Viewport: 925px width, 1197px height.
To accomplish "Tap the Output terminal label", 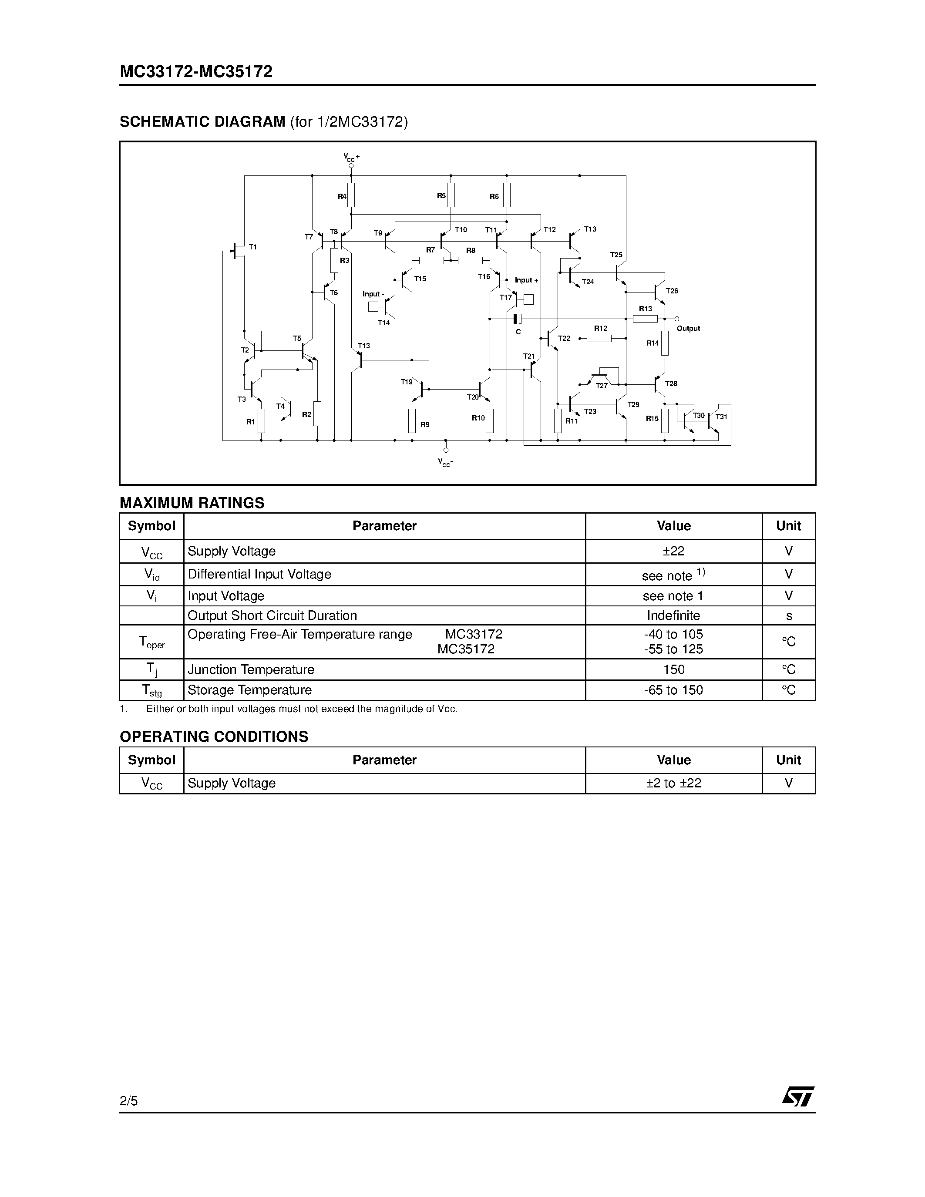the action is coord(688,328).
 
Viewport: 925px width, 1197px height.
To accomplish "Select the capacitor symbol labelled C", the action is coord(517,319).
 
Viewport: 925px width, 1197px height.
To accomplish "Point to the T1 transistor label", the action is coord(252,247).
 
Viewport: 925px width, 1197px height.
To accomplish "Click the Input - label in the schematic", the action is coord(373,294).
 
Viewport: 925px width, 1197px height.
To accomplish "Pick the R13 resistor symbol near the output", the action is coord(645,319).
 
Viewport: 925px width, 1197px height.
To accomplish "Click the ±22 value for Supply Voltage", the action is coord(673,551).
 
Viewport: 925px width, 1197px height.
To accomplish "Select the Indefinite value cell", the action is coord(673,615).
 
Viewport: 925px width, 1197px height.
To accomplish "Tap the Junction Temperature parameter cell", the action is coord(251,669).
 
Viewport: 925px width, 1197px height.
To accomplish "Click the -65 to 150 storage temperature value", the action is coord(673,690).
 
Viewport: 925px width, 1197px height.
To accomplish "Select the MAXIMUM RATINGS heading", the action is coord(192,503).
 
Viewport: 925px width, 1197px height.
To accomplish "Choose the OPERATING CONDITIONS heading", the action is coord(214,736).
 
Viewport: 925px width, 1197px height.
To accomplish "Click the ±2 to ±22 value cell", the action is coord(673,783).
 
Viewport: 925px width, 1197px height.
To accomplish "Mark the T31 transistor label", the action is coord(722,417).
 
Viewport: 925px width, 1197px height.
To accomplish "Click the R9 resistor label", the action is coord(425,424).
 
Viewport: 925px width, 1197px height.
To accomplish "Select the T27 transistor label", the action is coord(601,386).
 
